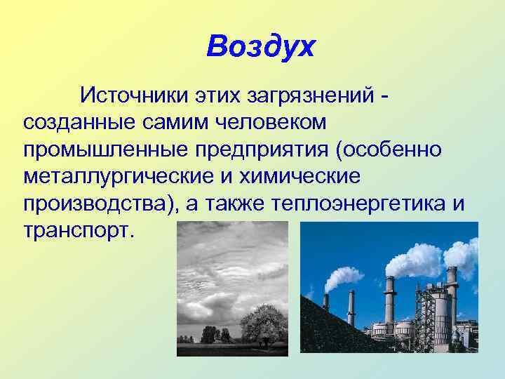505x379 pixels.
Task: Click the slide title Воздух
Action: click(261, 47)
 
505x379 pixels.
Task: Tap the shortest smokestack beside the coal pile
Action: click(325, 302)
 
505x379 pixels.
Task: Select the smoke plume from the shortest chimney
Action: click(340, 277)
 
